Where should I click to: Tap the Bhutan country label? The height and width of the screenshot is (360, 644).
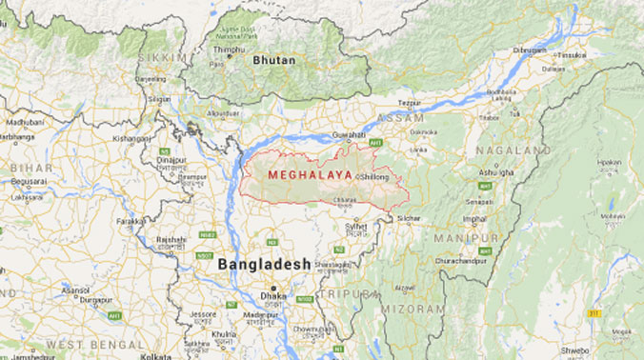coord(273,60)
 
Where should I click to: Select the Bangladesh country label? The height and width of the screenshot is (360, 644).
coord(264,263)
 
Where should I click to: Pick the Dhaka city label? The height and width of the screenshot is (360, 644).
coord(274,296)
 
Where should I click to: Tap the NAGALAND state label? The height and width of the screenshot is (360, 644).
coord(515,150)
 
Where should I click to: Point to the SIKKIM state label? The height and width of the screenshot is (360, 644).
coord(165,57)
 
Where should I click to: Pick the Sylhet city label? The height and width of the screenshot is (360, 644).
coord(355,228)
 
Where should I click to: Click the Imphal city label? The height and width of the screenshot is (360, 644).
coord(477,217)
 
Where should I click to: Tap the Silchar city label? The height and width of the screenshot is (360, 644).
coord(408,218)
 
